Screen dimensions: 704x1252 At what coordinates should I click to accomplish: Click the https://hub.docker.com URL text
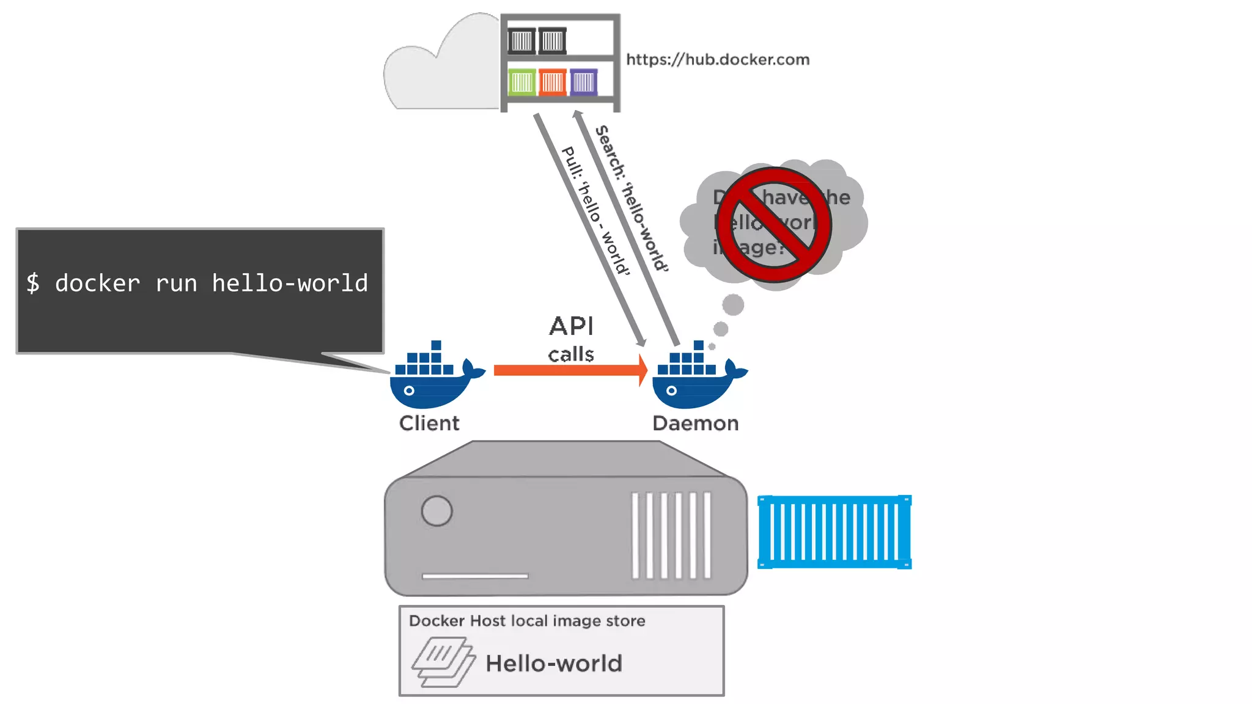(718, 59)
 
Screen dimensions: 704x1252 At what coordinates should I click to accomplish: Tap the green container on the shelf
(521, 82)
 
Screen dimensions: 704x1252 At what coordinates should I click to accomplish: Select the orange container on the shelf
(553, 82)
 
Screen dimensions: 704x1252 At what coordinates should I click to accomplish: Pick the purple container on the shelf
(583, 82)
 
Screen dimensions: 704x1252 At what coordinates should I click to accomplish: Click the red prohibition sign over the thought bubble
(774, 225)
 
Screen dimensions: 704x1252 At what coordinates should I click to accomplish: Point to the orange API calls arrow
(569, 370)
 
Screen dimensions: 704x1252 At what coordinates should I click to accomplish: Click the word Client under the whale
(429, 423)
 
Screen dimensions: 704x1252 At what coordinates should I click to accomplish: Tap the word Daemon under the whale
(695, 423)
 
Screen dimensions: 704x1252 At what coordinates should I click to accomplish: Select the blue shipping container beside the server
(834, 532)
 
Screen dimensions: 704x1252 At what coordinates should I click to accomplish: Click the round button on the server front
(436, 511)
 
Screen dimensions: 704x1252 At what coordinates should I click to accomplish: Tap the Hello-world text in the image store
(554, 663)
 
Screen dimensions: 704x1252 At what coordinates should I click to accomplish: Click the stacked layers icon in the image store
(443, 662)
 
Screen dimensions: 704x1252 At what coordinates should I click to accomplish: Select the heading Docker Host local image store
(527, 621)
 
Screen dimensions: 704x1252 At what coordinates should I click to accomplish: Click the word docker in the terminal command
(98, 284)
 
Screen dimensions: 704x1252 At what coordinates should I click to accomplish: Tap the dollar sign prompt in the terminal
(33, 284)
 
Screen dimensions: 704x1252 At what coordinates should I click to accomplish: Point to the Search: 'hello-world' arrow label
(632, 199)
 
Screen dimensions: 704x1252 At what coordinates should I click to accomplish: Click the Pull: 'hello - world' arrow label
(595, 211)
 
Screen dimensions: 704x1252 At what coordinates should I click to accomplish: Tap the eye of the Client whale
(409, 391)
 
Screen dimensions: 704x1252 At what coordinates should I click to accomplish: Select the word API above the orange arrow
(571, 326)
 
